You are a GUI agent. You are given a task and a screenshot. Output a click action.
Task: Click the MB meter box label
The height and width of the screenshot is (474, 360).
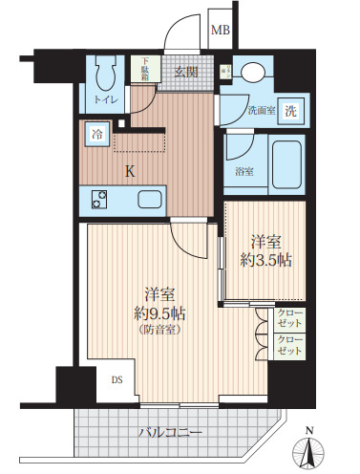pos(220,31)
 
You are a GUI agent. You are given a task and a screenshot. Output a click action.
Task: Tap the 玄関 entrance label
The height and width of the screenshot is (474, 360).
pos(185,71)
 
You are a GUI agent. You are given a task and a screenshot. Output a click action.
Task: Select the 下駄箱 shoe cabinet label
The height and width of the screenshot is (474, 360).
pos(146,70)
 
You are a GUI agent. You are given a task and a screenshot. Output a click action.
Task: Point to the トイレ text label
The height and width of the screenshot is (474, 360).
pos(105,98)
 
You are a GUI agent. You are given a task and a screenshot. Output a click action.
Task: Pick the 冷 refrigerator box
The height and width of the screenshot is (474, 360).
pos(97,136)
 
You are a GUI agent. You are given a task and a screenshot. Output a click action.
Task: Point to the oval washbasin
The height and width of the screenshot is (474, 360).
pos(253,73)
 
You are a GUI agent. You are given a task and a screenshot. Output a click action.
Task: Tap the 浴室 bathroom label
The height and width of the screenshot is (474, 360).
pos(245,171)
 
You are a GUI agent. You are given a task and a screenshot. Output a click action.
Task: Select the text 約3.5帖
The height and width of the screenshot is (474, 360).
pos(265,260)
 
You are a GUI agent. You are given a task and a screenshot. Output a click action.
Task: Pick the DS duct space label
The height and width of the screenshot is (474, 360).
pos(116,379)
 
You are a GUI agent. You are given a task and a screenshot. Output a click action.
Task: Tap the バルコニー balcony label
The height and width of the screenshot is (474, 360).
pos(171,433)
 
